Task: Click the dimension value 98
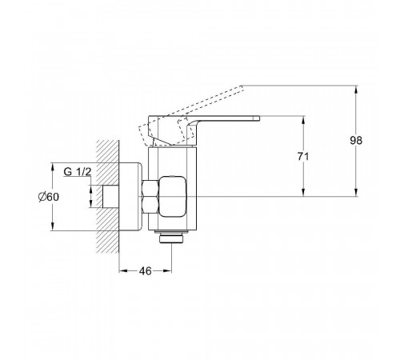(x=356, y=140)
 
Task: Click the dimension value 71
(x=303, y=157)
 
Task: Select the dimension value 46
(x=145, y=271)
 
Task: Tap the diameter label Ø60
(x=49, y=197)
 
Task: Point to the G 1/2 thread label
(x=78, y=172)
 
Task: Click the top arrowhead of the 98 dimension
(x=356, y=90)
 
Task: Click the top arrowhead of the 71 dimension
(x=303, y=120)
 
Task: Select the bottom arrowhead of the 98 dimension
(x=356, y=193)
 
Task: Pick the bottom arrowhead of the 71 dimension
(x=303, y=193)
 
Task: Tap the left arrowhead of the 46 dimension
(x=122, y=271)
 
